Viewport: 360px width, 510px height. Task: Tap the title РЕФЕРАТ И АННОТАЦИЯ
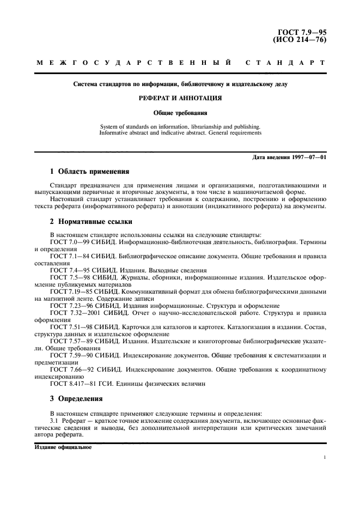coord(180,99)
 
